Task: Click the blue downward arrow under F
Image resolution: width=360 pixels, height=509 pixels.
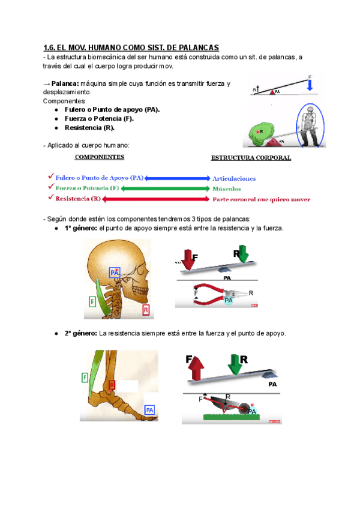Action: point(310,86)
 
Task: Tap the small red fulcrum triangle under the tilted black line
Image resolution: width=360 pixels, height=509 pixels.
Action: point(271,92)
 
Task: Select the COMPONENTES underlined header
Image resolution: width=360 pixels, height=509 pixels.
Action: point(99,157)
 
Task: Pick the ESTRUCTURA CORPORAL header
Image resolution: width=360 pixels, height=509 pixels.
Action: point(251,158)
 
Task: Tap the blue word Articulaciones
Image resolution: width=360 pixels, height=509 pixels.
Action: point(234,178)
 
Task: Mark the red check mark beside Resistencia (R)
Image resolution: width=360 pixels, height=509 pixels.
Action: point(50,198)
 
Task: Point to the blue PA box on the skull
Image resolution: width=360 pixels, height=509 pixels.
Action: point(115,273)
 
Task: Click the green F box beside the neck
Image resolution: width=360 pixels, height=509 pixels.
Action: point(92,301)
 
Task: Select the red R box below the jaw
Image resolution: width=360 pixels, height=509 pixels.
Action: point(146,310)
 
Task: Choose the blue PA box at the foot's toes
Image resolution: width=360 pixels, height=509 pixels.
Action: point(149,409)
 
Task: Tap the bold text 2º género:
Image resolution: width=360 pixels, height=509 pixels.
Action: point(80,333)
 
